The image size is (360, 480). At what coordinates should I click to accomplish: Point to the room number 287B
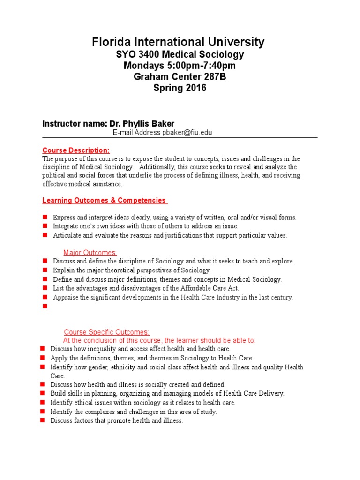point(213,77)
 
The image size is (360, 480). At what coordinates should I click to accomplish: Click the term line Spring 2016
point(180,88)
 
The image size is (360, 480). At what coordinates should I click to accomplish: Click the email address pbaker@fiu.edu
point(188,133)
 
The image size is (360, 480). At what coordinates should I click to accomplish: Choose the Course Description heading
point(76,150)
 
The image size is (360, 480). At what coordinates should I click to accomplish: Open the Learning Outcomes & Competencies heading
point(104,200)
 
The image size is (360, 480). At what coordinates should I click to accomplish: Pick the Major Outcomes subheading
point(90,253)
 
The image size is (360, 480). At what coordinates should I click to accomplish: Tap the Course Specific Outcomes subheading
point(106,332)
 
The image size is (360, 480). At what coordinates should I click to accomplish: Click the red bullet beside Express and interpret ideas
point(45,217)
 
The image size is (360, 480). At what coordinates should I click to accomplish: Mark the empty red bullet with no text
point(45,306)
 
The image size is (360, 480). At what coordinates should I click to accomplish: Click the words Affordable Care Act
point(209,288)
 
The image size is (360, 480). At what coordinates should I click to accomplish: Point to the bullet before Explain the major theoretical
point(45,270)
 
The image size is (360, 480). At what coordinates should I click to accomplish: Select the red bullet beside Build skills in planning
point(42,394)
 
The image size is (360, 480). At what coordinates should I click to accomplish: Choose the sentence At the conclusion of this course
point(159,340)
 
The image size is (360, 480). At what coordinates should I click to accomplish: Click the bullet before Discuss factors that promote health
point(42,420)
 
